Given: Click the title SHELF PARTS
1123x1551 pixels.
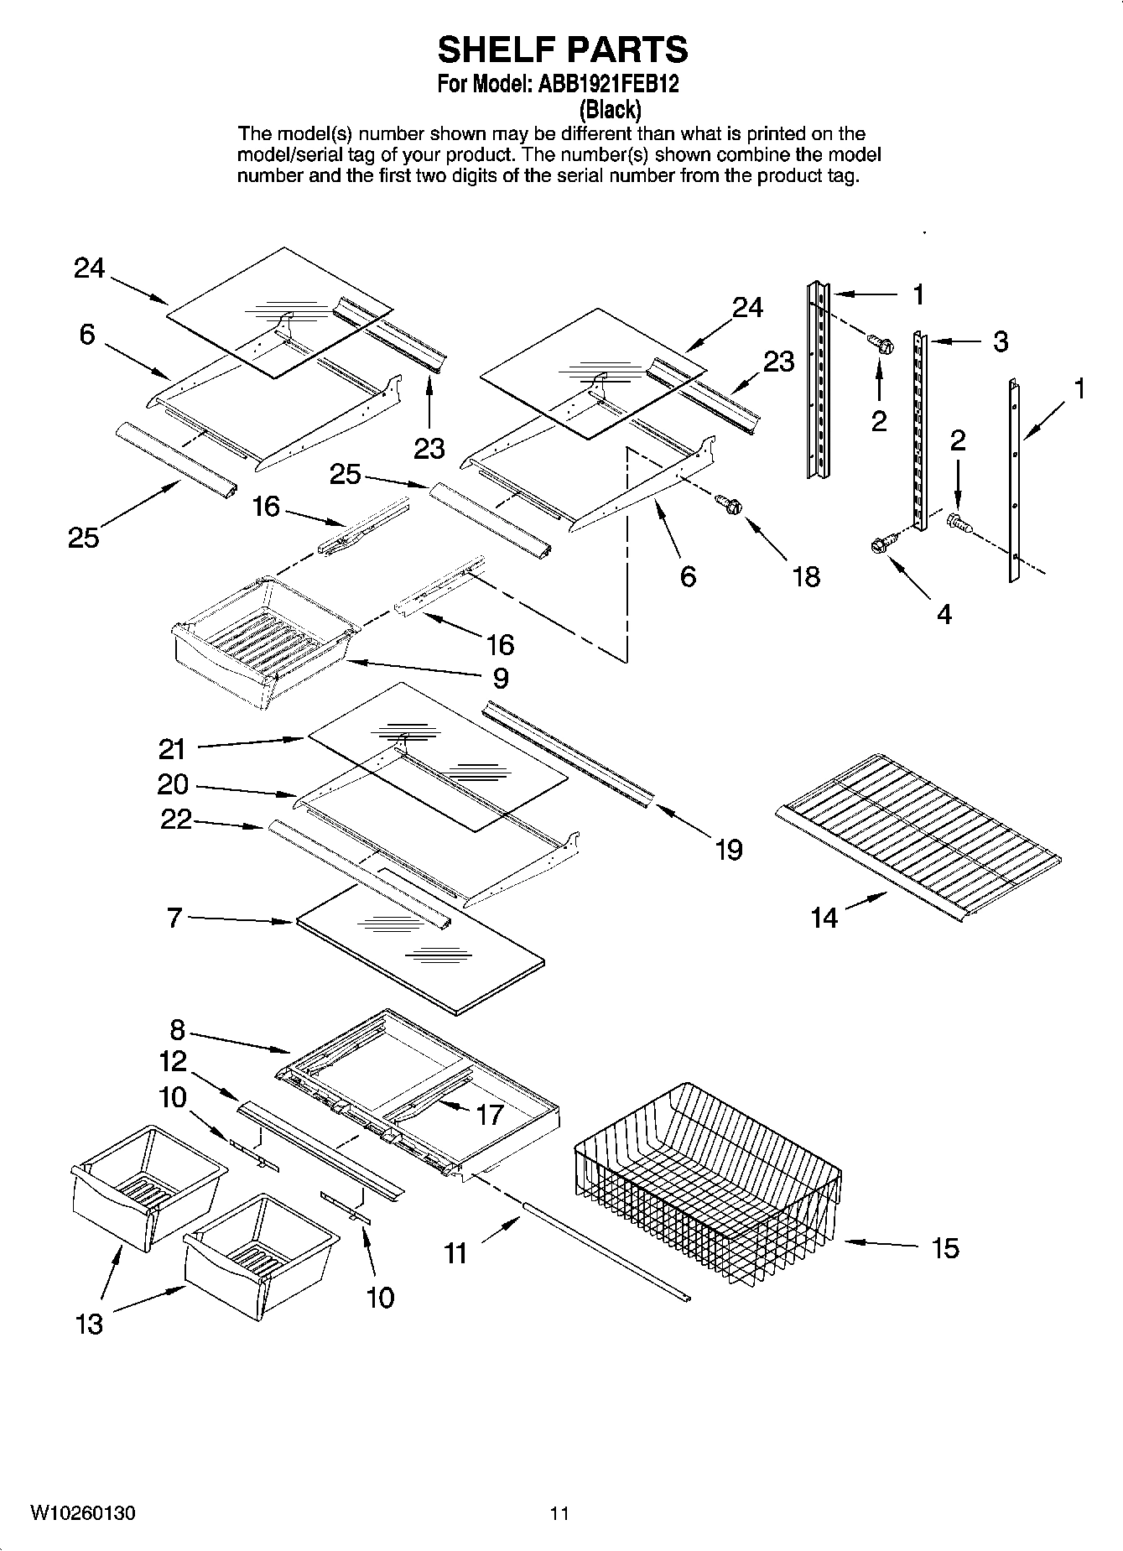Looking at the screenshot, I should (x=562, y=50).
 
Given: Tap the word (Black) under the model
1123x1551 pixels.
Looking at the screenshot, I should (x=611, y=109).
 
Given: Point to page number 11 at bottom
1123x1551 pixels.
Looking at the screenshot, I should (x=559, y=1513).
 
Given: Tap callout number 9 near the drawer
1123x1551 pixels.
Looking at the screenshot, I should (x=500, y=677).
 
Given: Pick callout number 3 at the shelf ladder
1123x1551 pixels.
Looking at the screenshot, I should (x=1000, y=342).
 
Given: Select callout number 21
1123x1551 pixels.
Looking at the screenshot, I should (x=172, y=747).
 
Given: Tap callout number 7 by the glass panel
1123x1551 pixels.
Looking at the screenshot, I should (x=174, y=918).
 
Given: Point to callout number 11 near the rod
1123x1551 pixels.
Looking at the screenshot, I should (x=455, y=1253).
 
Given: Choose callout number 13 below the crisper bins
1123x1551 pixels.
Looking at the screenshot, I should (x=89, y=1324).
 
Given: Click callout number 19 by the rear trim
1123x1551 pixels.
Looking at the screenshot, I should (x=729, y=850).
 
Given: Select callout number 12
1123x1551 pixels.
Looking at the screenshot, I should (x=173, y=1061).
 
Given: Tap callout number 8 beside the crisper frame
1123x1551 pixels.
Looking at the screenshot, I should (x=177, y=1029).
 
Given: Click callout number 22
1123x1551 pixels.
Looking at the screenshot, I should (x=176, y=820).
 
